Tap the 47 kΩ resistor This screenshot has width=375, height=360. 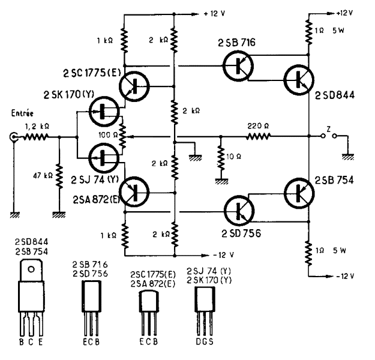(58, 174)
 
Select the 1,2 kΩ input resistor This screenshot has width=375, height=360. (35, 137)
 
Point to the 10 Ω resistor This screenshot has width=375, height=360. (220, 159)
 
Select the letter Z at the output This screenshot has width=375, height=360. (328, 127)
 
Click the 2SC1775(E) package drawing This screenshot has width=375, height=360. (149, 306)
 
